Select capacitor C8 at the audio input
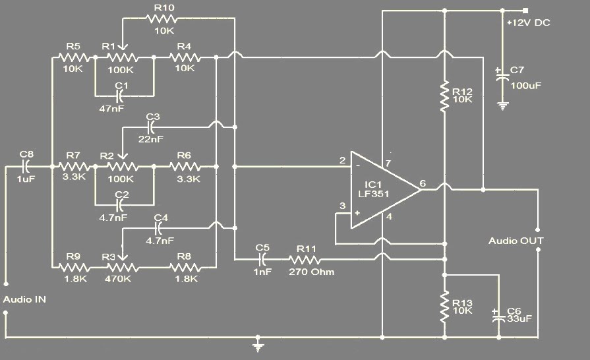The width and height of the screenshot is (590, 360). click(x=27, y=166)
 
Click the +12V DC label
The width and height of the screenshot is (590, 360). click(x=529, y=23)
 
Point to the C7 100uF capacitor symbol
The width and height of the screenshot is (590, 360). click(x=503, y=76)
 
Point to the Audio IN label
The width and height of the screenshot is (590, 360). click(x=24, y=299)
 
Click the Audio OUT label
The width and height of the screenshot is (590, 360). click(x=516, y=241)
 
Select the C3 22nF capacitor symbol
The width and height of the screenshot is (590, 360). click(x=152, y=126)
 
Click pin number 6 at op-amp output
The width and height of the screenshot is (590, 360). click(x=422, y=183)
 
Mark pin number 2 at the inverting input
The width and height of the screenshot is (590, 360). click(x=342, y=160)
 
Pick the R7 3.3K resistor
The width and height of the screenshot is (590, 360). click(x=74, y=166)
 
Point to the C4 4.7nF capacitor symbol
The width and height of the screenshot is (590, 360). click(x=158, y=228)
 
